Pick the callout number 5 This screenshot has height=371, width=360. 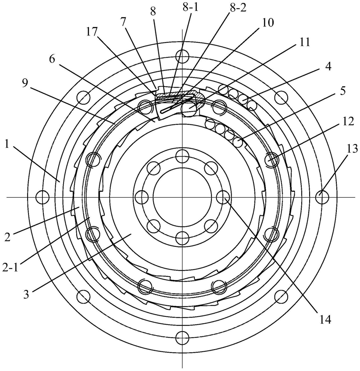(342, 91)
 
